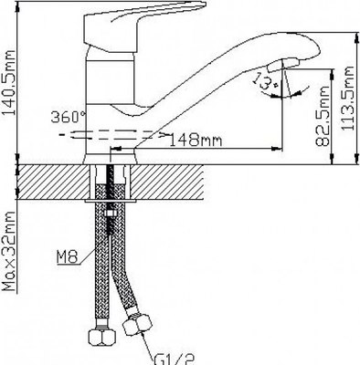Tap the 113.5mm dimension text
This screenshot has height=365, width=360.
347,99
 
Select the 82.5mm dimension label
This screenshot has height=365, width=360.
323,116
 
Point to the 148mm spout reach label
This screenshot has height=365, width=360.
196,141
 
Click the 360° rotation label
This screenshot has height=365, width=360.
69,117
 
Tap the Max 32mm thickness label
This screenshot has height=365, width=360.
8,251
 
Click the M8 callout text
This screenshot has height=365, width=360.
68,257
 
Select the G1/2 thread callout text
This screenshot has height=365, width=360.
175,360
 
